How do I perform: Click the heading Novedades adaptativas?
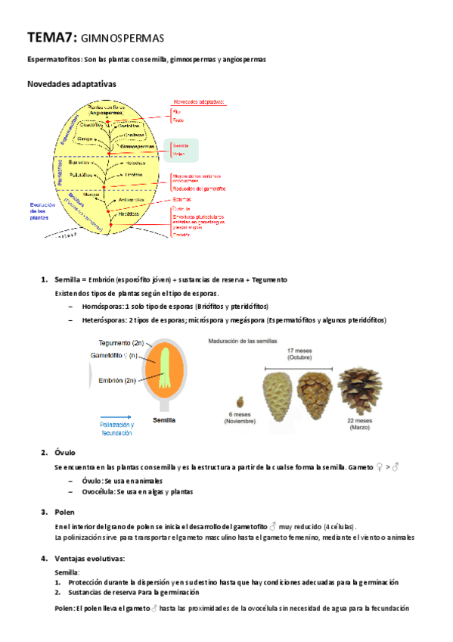[x=71, y=84]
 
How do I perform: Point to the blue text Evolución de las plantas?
[x=42, y=210]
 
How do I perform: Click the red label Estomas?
[x=182, y=200]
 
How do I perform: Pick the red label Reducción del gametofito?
[x=200, y=188]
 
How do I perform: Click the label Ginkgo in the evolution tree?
[x=85, y=139]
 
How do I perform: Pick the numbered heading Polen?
[x=65, y=512]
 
